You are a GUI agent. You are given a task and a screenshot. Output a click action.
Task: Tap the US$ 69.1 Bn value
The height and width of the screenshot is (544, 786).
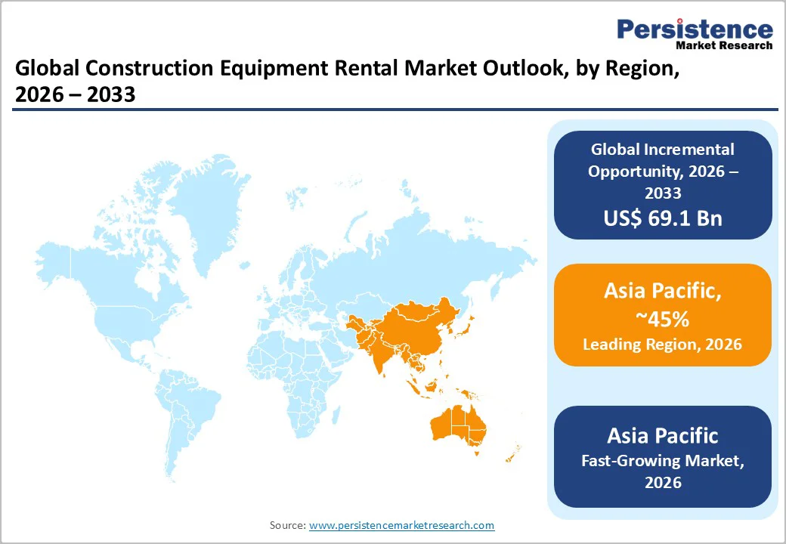pyautogui.click(x=663, y=218)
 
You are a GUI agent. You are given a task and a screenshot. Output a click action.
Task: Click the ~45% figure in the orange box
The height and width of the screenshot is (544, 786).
pyautogui.click(x=663, y=319)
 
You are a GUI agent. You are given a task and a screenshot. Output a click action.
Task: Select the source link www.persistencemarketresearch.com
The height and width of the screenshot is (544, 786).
pyautogui.click(x=401, y=524)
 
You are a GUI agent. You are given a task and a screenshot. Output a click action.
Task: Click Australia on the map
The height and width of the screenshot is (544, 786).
pyautogui.click(x=456, y=426)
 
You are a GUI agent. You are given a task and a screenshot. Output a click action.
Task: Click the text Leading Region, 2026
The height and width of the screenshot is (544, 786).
pyautogui.click(x=662, y=345)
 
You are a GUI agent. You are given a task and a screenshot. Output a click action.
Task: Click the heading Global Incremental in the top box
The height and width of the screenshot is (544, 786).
pyautogui.click(x=663, y=150)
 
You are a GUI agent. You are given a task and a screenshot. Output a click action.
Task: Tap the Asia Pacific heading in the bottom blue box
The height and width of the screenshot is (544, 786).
pyautogui.click(x=663, y=435)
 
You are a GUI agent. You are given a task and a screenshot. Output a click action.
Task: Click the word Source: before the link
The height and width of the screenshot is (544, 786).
pyautogui.click(x=287, y=524)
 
